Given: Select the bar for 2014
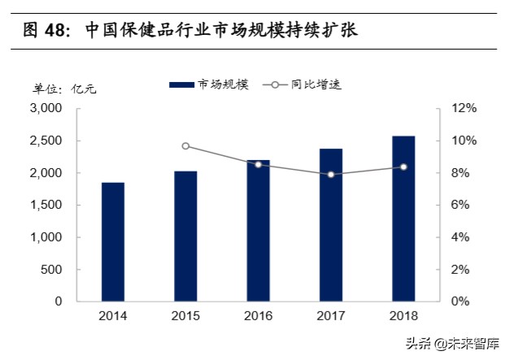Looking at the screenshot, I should (113, 242).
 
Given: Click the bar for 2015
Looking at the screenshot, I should (185, 236).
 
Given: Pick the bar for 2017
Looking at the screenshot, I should (331, 225).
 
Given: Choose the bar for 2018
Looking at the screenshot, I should (403, 219).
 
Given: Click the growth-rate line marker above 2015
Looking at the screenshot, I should (185, 146).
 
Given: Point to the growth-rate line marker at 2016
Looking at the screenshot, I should (258, 164).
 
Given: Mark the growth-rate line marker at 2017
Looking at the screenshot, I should (331, 174).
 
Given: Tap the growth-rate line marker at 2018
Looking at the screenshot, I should (403, 167).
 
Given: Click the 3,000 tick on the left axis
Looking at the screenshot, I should (46, 108).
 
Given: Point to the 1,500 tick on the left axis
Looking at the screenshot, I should (46, 205).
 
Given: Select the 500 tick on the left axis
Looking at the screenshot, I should (52, 269).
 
